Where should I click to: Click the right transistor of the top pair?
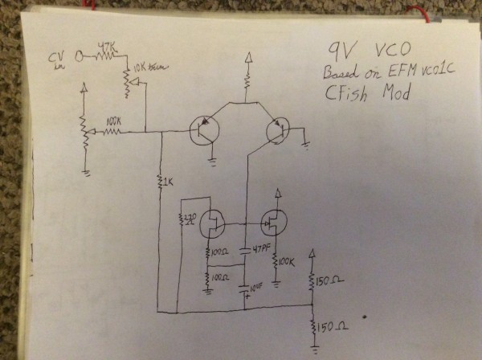tap(277, 129)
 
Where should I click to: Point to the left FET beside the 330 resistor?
tap(213, 222)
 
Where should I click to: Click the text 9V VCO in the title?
tap(365, 50)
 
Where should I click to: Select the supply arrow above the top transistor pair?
tap(248, 57)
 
